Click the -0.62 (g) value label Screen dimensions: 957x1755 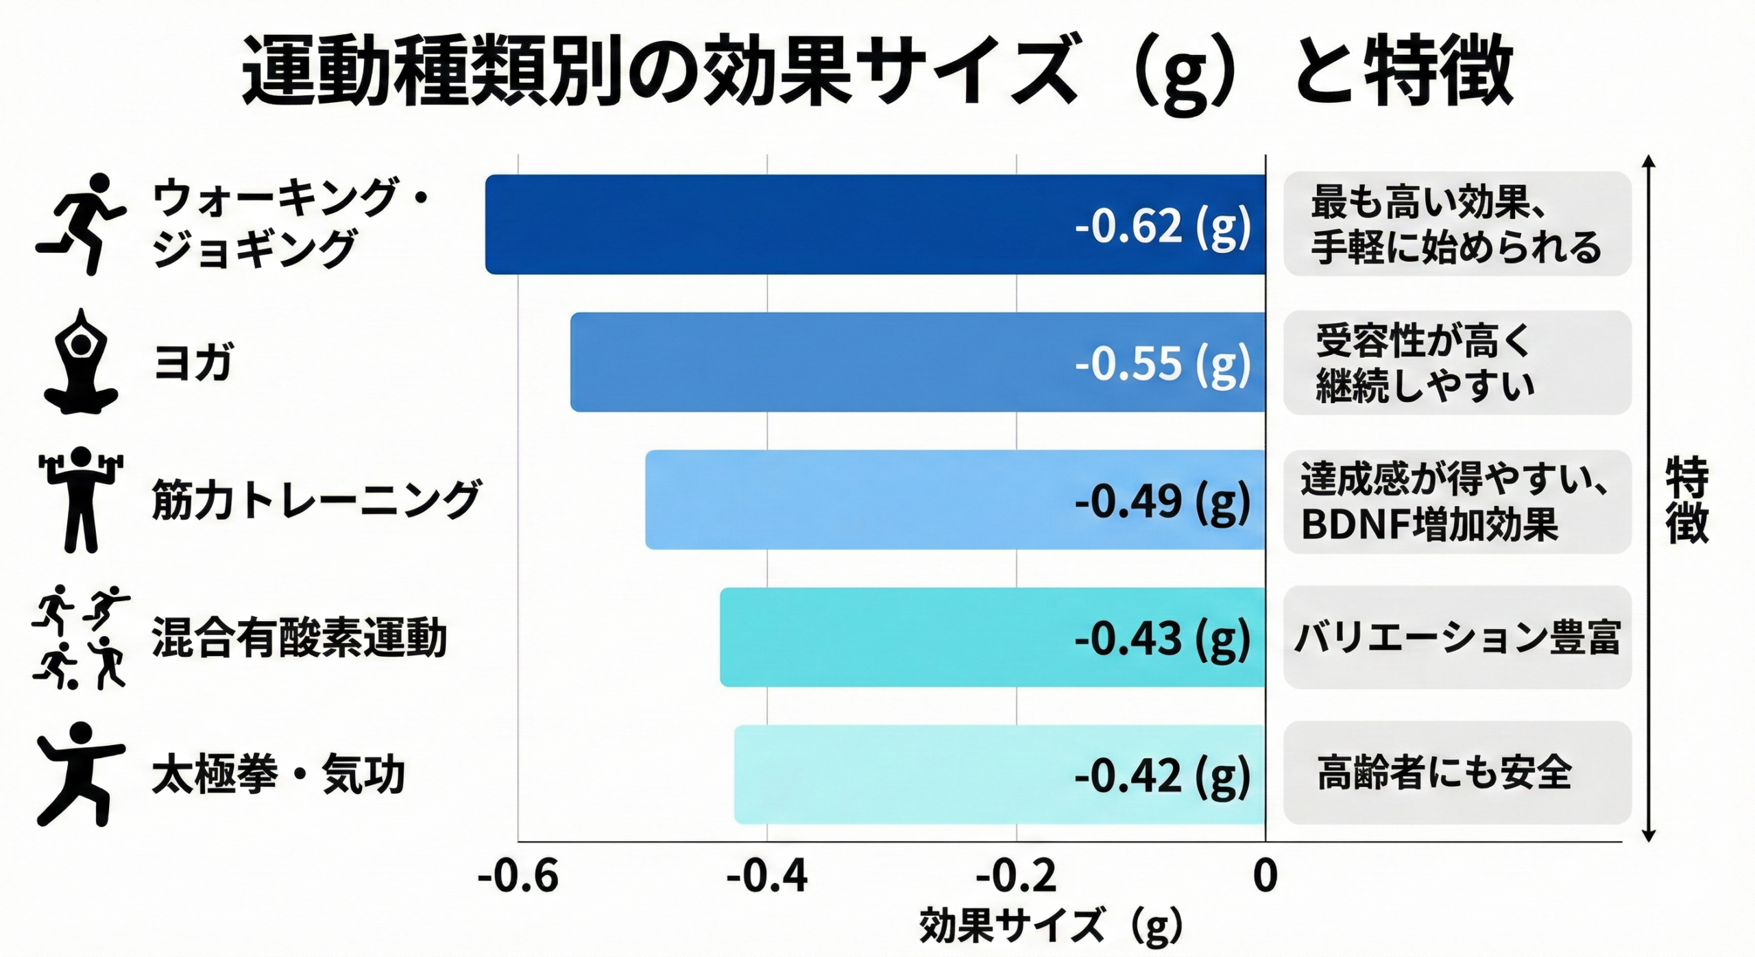click(x=1163, y=226)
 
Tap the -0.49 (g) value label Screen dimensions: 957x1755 click(x=1163, y=501)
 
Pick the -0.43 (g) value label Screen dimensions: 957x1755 click(x=1163, y=638)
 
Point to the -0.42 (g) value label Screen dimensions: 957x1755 click(x=1163, y=775)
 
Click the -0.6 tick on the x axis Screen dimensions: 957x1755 click(x=518, y=876)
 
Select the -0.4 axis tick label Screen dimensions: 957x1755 click(x=767, y=876)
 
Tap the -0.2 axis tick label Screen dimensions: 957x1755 click(x=1016, y=876)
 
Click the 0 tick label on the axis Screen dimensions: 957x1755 click(x=1265, y=876)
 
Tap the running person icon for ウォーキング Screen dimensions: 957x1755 click(x=81, y=223)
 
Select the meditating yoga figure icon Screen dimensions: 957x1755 click(x=81, y=362)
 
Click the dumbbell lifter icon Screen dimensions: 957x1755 click(x=81, y=499)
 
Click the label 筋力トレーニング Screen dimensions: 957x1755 click(x=315, y=500)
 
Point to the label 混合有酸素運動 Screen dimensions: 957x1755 click(x=299, y=638)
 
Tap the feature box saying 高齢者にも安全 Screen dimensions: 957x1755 click(x=1457, y=773)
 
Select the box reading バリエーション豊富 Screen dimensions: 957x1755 click(x=1457, y=638)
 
